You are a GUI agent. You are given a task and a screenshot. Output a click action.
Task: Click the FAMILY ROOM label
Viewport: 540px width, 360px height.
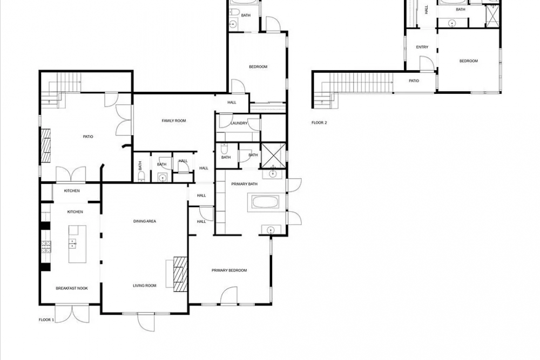click(174, 121)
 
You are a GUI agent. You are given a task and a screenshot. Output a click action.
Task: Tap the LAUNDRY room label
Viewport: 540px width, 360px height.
click(239, 123)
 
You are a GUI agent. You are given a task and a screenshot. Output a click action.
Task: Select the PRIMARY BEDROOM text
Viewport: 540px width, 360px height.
click(229, 270)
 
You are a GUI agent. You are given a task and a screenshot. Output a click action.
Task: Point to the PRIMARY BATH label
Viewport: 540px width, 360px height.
click(244, 184)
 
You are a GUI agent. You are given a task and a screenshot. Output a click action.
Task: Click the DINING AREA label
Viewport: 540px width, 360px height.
click(145, 221)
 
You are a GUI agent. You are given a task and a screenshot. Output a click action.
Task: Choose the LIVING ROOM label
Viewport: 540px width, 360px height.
click(145, 286)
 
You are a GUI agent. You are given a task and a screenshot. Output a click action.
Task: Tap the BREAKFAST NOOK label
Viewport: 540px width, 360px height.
click(72, 288)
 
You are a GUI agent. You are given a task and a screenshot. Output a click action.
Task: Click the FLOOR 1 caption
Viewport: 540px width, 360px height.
click(46, 320)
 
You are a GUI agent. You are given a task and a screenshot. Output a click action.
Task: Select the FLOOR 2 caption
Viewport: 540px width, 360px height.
click(319, 123)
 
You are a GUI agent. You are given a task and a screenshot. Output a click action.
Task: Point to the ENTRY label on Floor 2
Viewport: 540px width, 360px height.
click(422, 47)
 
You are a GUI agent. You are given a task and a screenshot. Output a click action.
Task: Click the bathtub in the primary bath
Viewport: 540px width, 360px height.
click(266, 202)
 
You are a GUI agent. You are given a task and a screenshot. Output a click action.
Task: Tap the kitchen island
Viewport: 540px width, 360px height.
click(77, 244)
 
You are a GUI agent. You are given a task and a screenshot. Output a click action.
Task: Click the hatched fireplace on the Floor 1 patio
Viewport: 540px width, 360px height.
click(46, 146)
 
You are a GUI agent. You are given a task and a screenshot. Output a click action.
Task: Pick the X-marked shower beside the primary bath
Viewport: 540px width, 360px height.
click(273, 156)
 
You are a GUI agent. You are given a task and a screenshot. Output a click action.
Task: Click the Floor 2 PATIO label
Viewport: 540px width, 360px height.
click(414, 81)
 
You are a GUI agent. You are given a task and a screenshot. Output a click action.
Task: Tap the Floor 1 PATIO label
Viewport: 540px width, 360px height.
click(88, 137)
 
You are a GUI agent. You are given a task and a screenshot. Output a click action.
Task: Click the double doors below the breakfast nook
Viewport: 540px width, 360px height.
click(72, 314)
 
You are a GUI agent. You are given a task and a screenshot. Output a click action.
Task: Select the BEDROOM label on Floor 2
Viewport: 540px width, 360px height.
click(469, 61)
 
